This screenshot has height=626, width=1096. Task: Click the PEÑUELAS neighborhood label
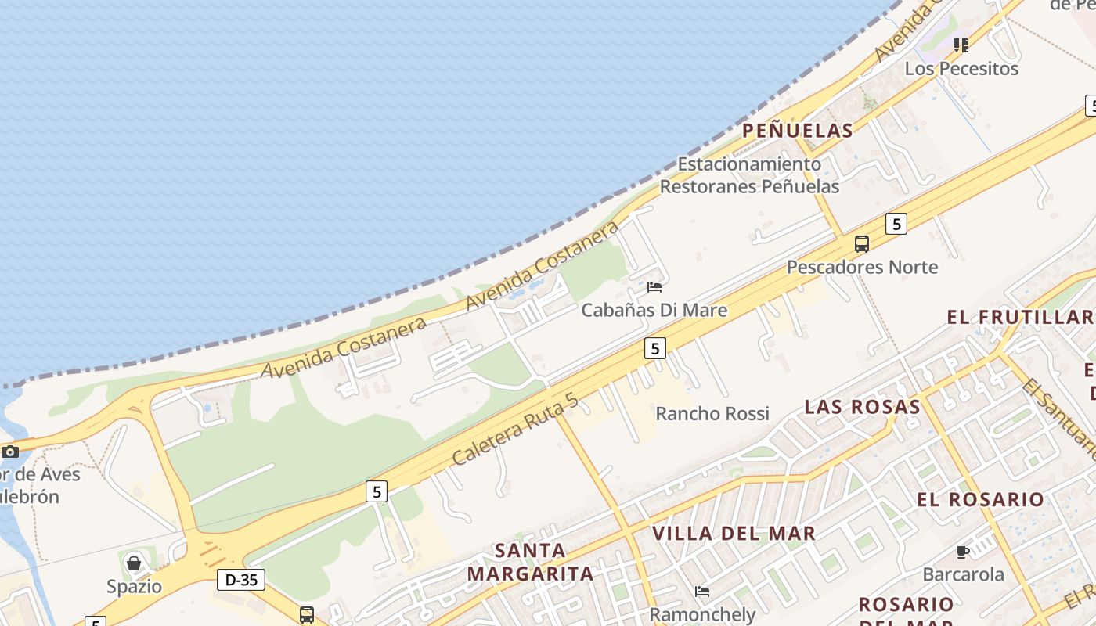797,131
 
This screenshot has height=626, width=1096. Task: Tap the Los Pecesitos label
961,69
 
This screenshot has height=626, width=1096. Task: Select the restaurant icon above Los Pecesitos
961,45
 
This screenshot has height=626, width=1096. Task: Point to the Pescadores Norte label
862,268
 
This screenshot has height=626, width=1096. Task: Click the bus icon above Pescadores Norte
862,244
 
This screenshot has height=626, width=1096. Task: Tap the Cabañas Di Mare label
654,310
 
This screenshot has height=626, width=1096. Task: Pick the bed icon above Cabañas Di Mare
654,287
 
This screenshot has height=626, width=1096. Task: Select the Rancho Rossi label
712,413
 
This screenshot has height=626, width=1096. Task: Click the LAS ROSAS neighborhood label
862,407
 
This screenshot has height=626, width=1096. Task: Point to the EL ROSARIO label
980,499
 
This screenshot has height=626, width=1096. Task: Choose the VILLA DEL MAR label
734,534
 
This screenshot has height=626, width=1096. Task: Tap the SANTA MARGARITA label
531,562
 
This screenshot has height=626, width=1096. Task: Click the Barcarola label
963,574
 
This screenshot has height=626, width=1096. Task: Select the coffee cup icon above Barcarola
963,552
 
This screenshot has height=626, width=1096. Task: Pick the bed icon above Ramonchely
702,592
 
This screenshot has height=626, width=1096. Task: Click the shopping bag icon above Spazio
134,563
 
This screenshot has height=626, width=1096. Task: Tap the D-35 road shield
240,580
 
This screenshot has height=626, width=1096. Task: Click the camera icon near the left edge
10,452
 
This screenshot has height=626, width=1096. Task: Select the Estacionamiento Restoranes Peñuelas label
749,175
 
